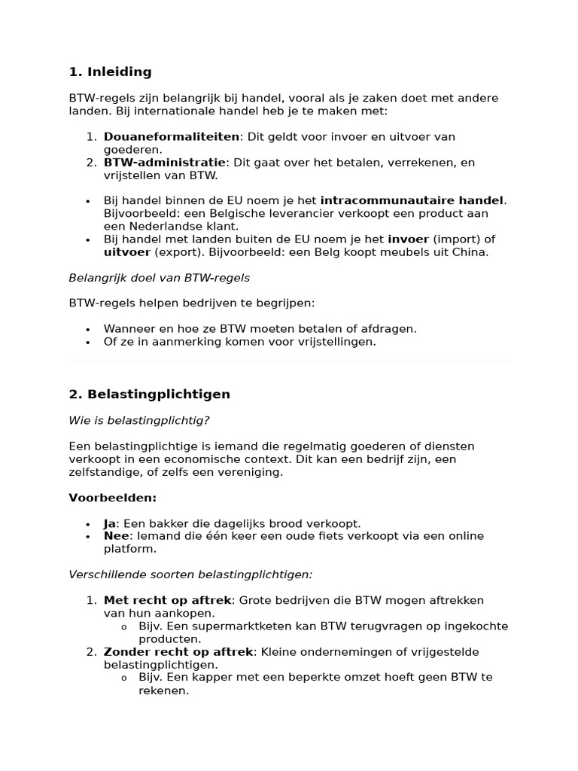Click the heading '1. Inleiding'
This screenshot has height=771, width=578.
tap(110, 72)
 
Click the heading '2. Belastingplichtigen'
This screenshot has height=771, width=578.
tap(150, 395)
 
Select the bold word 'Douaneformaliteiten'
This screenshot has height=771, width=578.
tap(171, 137)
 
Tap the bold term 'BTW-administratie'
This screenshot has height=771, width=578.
tap(164, 163)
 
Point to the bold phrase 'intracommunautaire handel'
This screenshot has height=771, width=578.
tap(412, 200)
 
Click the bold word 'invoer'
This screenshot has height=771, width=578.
tap(408, 239)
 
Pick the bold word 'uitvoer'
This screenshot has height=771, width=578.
tap(127, 252)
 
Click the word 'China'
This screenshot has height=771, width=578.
tap(470, 252)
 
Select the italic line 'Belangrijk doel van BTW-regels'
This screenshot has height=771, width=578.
tap(159, 278)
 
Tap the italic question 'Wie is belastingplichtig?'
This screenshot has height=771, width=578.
tap(139, 420)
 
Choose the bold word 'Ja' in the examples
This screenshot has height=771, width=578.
tap(110, 523)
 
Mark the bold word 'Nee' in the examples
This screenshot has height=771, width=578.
tap(117, 536)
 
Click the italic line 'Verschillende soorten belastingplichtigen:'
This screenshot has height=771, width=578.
tap(190, 574)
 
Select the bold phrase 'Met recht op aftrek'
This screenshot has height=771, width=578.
tap(169, 600)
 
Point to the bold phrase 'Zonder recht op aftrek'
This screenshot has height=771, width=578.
tap(178, 652)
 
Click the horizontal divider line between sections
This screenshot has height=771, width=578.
tap(289, 362)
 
